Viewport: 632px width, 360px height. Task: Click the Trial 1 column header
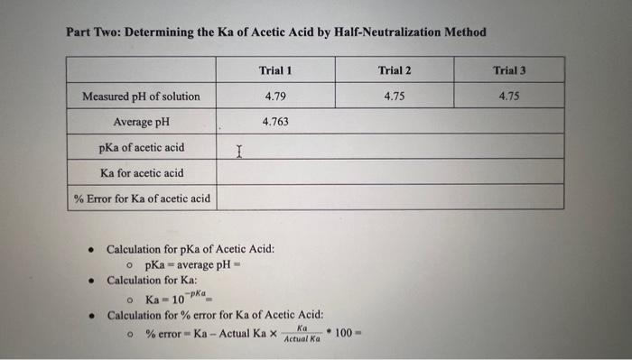275,69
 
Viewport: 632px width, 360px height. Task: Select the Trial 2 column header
395,69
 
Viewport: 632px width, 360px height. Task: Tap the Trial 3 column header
510,69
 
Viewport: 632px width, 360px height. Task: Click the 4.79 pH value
275,95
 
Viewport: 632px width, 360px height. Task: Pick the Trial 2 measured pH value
395,95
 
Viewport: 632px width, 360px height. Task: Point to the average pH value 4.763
275,121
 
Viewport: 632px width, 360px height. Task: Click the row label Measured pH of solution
141,96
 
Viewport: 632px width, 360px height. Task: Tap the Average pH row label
142,121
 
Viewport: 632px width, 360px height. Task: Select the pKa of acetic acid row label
142,147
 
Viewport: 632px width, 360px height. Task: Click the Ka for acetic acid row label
142,172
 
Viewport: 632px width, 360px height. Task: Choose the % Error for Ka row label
142,198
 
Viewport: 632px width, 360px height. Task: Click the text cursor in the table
238,151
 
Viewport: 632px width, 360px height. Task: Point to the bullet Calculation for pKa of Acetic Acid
191,249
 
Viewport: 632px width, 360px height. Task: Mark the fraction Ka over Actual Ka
302,334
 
